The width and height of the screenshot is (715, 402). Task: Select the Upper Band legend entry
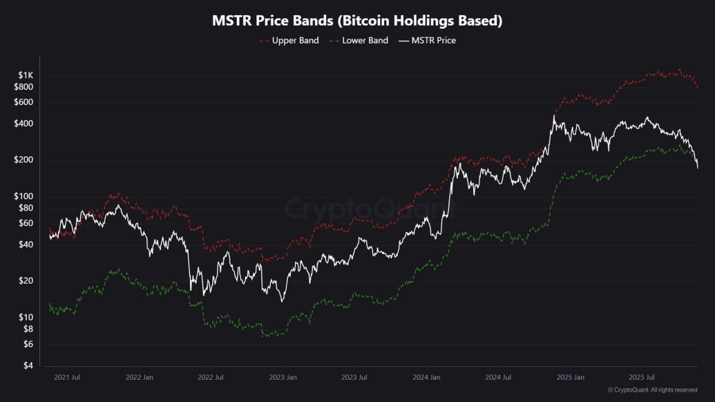tap(289, 40)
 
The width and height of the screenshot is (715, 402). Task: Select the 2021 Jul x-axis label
tap(67, 377)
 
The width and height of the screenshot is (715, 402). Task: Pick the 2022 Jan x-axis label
tap(139, 377)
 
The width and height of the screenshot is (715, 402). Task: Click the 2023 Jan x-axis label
tap(283, 377)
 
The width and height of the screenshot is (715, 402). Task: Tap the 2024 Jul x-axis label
tap(498, 377)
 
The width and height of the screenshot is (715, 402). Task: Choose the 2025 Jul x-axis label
tap(642, 377)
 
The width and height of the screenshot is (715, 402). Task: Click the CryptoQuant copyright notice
tap(652, 390)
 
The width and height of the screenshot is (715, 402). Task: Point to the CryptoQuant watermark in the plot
tap(370, 209)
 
